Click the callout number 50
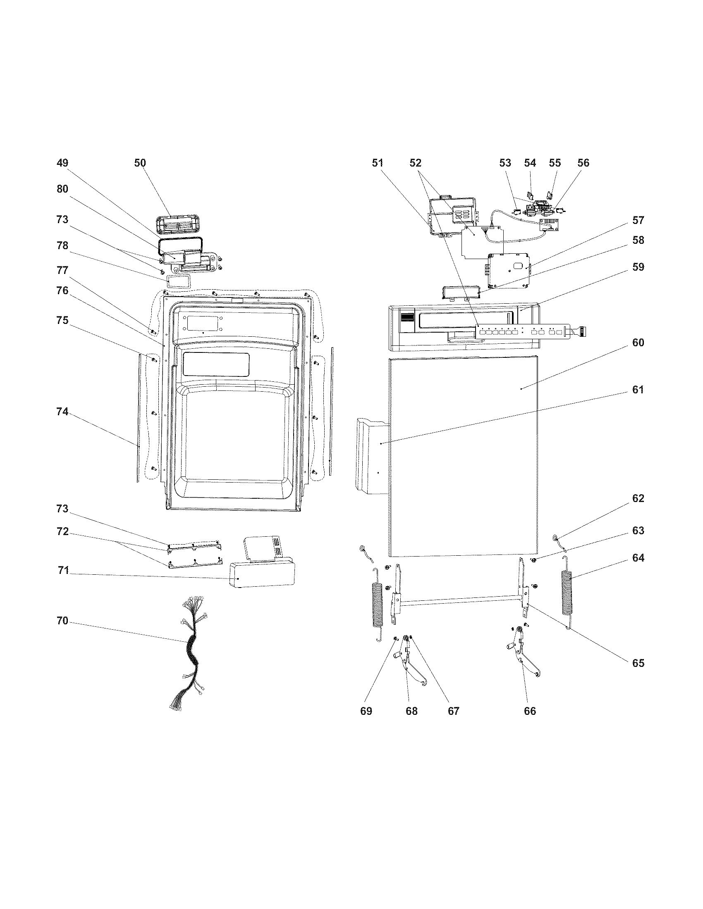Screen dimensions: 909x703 point(140,163)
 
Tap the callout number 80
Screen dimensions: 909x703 point(62,189)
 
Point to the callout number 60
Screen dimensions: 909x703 point(638,343)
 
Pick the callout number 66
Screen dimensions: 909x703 point(530,711)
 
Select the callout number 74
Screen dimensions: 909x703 point(62,412)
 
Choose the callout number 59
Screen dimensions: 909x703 point(638,267)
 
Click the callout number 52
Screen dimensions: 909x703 point(415,163)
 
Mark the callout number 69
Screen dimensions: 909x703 point(366,711)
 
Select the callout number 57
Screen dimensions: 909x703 point(638,220)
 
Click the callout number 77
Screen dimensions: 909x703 point(62,271)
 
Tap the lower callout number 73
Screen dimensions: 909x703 point(62,509)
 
